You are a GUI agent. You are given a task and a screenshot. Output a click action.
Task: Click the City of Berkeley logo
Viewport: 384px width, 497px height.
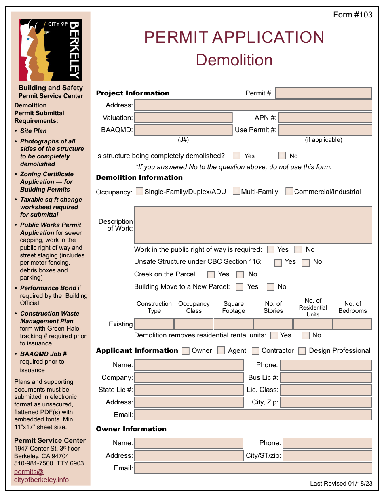click(51, 50)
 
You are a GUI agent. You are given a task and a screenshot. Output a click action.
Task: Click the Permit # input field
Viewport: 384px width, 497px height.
click(323, 93)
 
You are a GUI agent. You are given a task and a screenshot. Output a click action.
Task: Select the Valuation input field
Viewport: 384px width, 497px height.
click(183, 118)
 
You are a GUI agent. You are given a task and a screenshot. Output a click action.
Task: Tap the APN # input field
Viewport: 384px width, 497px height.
click(325, 118)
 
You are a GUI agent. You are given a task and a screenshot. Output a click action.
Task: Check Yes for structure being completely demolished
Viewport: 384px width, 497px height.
click(236, 156)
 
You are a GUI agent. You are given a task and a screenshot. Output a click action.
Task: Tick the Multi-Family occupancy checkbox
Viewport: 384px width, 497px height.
click(236, 192)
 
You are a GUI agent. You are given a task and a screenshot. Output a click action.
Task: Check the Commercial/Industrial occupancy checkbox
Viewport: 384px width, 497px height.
click(289, 192)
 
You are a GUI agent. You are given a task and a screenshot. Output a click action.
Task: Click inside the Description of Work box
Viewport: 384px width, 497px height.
click(253, 225)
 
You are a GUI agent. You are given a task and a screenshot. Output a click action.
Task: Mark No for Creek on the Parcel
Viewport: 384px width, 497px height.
click(240, 275)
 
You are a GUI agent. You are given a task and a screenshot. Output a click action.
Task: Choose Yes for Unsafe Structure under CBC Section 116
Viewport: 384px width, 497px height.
click(278, 263)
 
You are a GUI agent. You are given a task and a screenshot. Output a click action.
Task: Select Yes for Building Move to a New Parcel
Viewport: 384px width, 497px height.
click(240, 287)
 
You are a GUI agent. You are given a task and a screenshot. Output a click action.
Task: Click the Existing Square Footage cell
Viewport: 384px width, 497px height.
click(233, 324)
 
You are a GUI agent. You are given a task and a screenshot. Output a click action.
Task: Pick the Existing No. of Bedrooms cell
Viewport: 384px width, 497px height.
click(352, 324)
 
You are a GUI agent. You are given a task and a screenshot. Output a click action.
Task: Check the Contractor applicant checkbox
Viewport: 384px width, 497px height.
click(255, 351)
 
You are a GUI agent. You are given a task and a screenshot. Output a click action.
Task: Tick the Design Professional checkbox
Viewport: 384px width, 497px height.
click(302, 351)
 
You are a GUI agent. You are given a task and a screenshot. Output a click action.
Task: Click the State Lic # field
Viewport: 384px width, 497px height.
click(189, 390)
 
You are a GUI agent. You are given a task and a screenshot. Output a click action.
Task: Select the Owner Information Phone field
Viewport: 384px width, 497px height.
click(327, 443)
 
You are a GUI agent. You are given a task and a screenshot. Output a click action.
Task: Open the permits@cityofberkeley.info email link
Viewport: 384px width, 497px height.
click(41, 476)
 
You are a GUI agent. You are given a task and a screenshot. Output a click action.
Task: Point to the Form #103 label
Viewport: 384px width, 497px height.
click(352, 15)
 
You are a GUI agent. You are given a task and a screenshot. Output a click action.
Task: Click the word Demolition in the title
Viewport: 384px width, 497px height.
click(234, 60)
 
